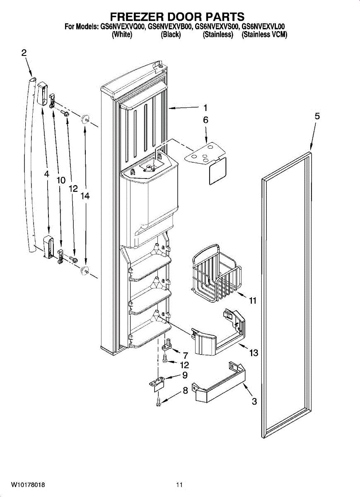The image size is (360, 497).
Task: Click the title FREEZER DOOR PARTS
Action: (177, 17)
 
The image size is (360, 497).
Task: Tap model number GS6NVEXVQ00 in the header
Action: (122, 27)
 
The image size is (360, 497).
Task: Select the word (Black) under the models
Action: (171, 35)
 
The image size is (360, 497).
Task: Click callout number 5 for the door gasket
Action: (317, 116)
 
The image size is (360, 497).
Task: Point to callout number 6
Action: (205, 120)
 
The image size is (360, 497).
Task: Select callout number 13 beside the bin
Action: (254, 353)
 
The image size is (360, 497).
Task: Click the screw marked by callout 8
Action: (158, 400)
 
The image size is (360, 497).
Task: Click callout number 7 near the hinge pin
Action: (185, 355)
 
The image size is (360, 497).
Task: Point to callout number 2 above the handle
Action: (24, 53)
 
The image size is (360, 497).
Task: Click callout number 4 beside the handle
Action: (47, 175)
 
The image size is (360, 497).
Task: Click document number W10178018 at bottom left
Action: (28, 485)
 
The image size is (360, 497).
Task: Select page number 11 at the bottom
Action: (179, 485)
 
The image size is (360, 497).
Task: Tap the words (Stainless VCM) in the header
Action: (264, 35)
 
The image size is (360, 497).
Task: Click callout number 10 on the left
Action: (61, 180)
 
